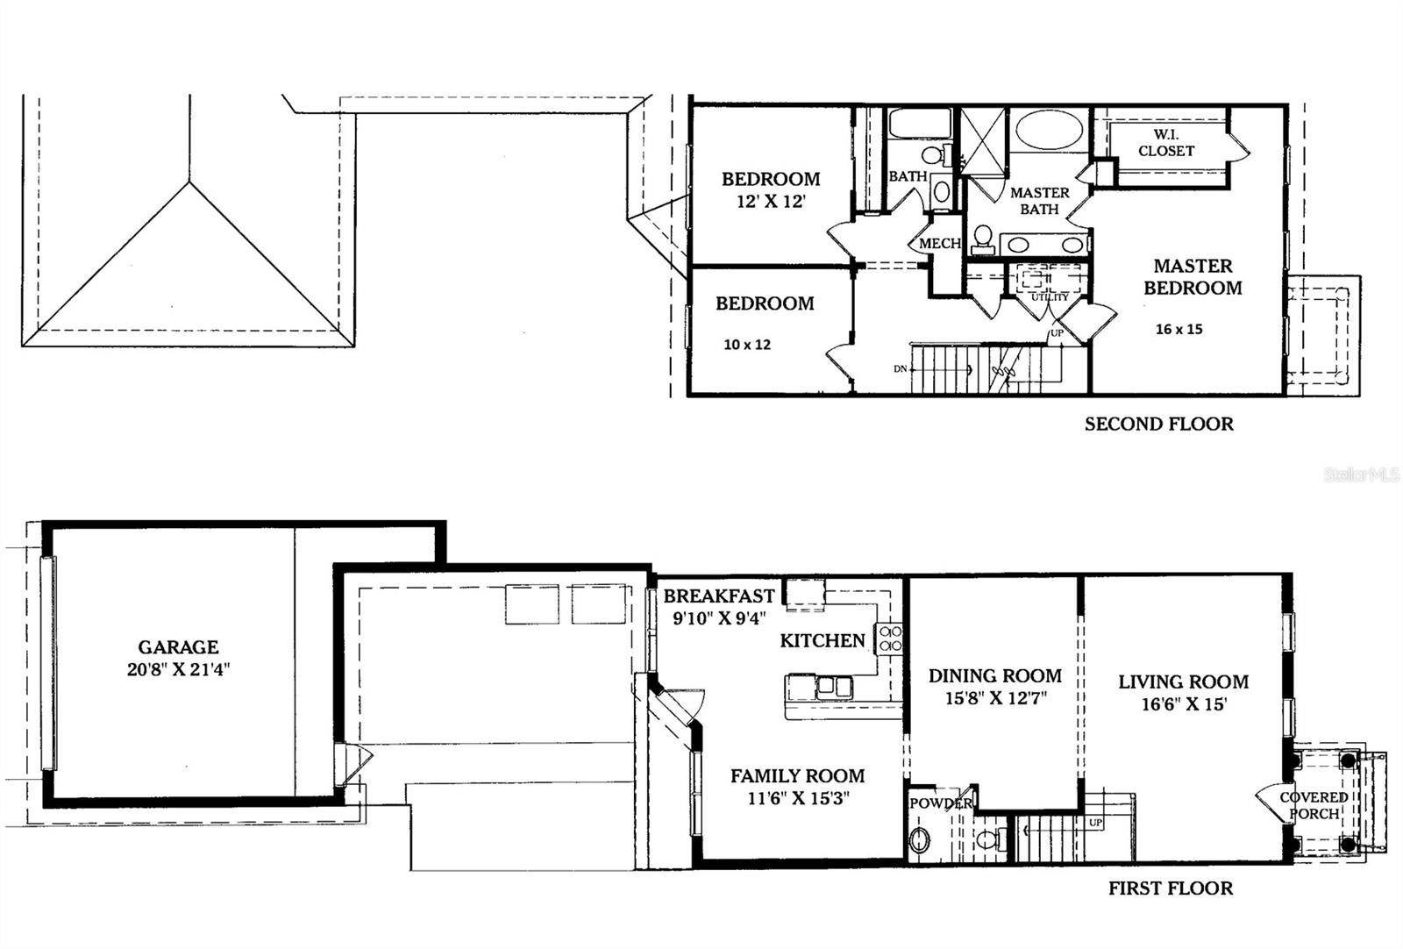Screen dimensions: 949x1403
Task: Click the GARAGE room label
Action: (178, 647)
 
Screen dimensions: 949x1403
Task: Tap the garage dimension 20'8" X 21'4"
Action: (178, 670)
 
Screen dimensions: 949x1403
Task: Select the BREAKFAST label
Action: (718, 596)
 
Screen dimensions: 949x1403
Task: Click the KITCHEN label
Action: (823, 641)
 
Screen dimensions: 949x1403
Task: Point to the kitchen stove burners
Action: (890, 639)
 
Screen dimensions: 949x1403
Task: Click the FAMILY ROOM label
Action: (797, 776)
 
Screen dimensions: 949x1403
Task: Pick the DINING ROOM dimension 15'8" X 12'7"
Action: (994, 699)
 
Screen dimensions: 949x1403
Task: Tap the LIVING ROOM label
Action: (1183, 682)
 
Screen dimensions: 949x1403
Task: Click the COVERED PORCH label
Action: (1313, 805)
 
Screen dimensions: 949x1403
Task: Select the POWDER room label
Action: (940, 803)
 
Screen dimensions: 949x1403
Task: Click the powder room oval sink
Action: (920, 841)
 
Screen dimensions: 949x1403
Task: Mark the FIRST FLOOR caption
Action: (1170, 888)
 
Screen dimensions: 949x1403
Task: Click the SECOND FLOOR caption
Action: (1158, 425)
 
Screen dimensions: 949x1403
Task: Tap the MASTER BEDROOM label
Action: (1193, 276)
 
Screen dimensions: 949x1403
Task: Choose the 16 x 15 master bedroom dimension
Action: (1179, 330)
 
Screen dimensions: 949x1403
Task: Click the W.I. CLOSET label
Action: (1165, 143)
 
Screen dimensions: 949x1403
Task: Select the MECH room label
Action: (939, 244)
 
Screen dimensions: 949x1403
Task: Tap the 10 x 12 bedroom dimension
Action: (747, 345)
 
